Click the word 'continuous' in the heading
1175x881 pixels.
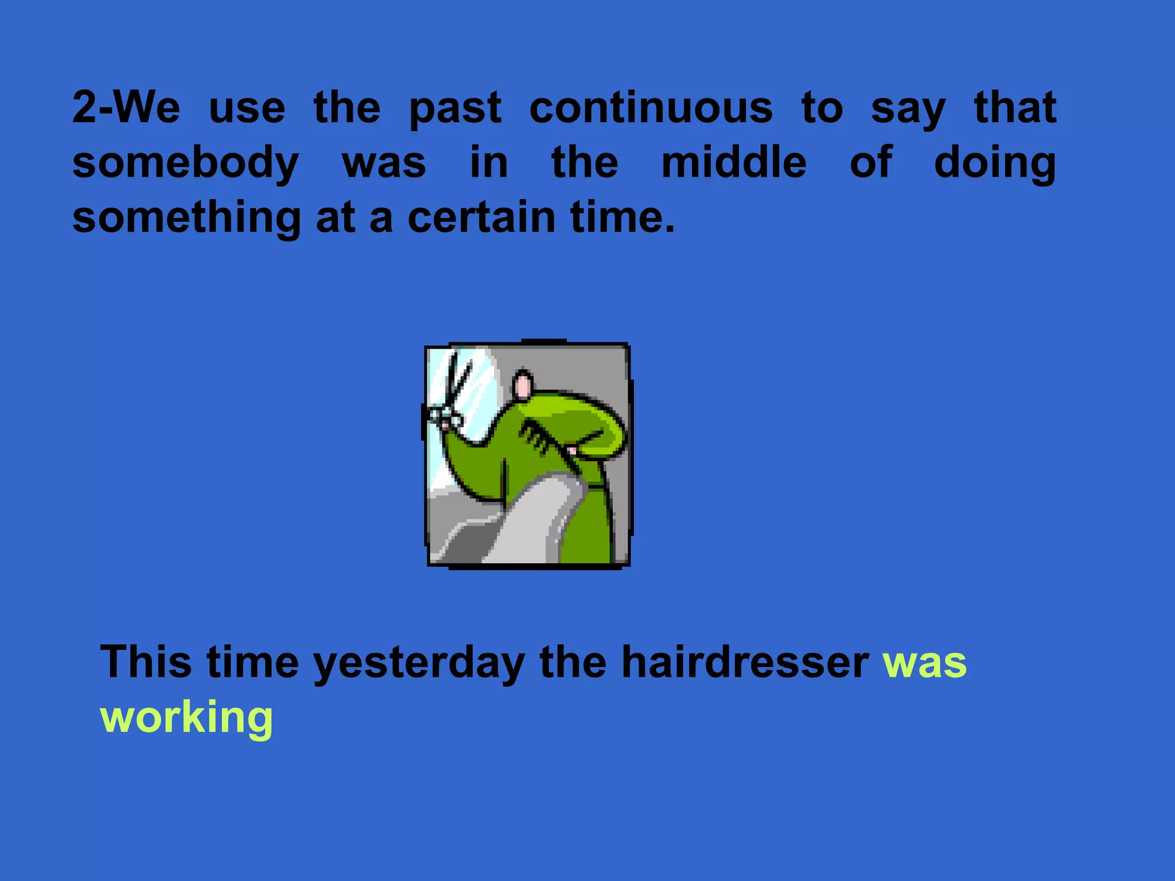click(651, 108)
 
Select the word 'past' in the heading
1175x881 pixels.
click(455, 109)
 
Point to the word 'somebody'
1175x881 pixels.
click(185, 163)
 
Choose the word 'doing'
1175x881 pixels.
click(994, 163)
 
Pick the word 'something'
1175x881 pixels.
click(186, 218)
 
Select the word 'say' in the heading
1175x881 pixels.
click(908, 109)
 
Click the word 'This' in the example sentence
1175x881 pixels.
click(146, 661)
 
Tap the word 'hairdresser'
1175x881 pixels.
click(745, 661)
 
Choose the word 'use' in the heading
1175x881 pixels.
click(247, 109)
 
